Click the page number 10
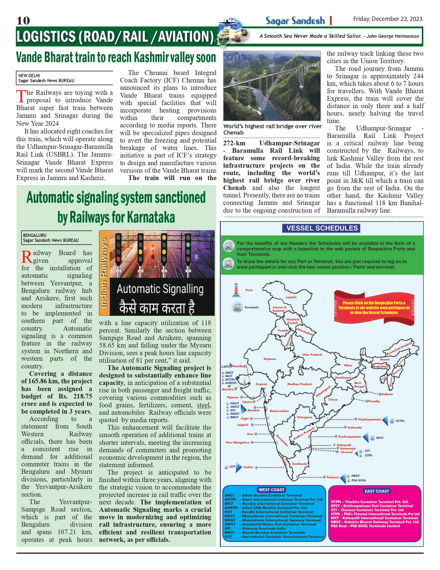pyautogui.click(x=23, y=21)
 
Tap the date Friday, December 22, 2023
pyautogui.click(x=388, y=19)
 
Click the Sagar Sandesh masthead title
pyautogui.click(x=295, y=21)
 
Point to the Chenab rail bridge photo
pyautogui.click(x=272, y=86)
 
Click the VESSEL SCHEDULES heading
pyautogui.click(x=322, y=228)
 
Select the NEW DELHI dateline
pyautogui.click(x=29, y=76)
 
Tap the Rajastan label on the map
pyautogui.click(x=270, y=359)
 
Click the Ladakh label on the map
pyautogui.click(x=291, y=297)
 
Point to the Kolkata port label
pyautogui.click(x=387, y=394)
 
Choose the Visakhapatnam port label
pyautogui.click(x=369, y=419)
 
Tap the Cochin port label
pyautogui.click(x=248, y=467)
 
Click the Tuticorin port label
pyautogui.click(x=333, y=477)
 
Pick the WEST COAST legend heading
pyautogui.click(x=271, y=490)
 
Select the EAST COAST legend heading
pyautogui.click(x=377, y=491)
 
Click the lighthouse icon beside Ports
pyautogui.click(x=236, y=290)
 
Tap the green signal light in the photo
pyautogui.click(x=188, y=244)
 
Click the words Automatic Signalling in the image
pyautogui.click(x=160, y=289)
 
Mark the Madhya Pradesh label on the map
pyautogui.click(x=300, y=384)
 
